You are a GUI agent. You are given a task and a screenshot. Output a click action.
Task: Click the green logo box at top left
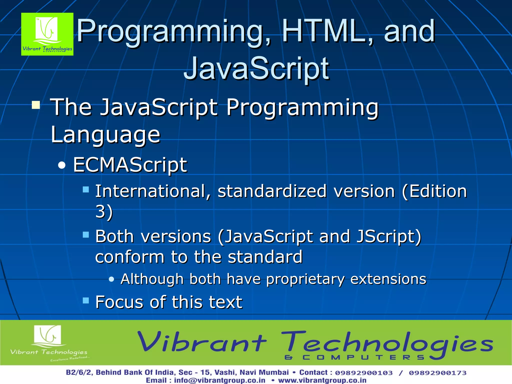click(47, 34)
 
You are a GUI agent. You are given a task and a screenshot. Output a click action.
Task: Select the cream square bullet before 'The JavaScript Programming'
click(36, 105)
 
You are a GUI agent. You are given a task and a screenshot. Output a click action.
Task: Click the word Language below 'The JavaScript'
click(105, 135)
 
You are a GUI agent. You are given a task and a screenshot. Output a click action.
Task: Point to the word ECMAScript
click(130, 165)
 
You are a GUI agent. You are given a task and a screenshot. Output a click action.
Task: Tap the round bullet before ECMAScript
click(61, 165)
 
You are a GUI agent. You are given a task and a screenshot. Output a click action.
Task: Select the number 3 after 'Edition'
click(100, 211)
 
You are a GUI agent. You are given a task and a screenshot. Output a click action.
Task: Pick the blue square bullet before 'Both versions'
click(86, 234)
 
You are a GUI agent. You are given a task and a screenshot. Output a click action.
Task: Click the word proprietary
click(305, 279)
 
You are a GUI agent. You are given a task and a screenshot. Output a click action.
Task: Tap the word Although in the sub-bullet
click(152, 279)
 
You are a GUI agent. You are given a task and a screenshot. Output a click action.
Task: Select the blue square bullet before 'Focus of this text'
click(86, 300)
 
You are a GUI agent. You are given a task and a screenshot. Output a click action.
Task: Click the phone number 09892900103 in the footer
click(364, 373)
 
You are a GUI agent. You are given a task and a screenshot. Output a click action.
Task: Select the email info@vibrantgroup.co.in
click(219, 380)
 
